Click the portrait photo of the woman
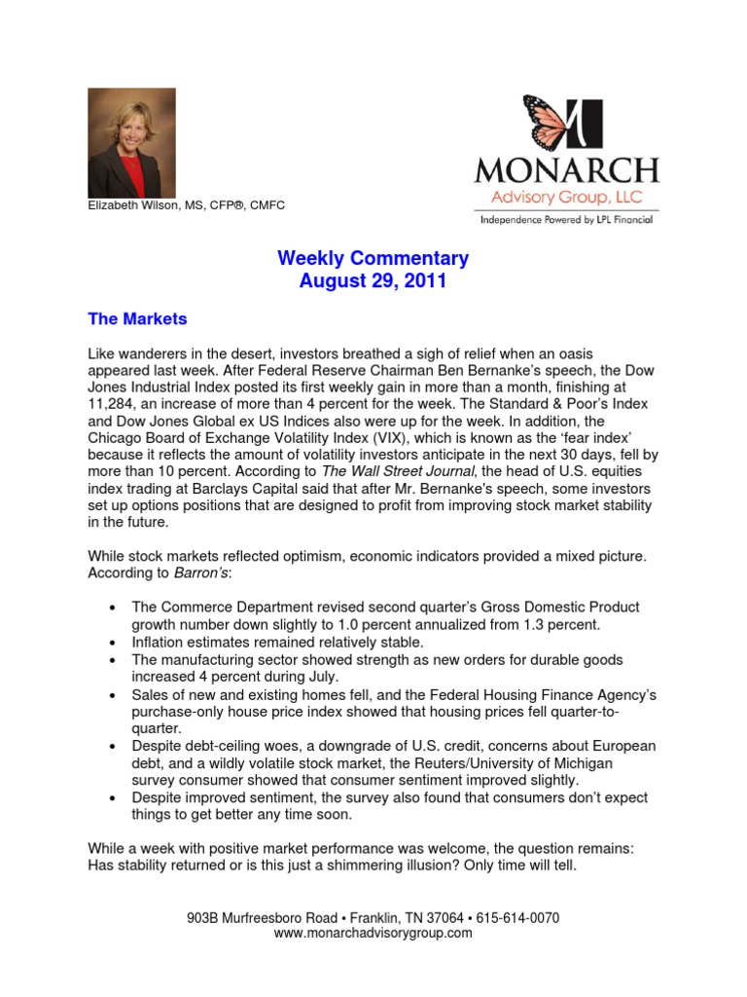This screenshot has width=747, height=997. click(x=131, y=143)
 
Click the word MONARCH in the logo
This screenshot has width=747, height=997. click(x=566, y=171)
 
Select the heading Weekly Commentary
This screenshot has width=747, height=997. click(x=373, y=259)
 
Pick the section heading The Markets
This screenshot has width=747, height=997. click(x=137, y=318)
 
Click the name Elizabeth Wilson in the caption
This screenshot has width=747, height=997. click(x=141, y=206)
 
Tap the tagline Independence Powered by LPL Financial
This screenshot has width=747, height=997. click(x=566, y=220)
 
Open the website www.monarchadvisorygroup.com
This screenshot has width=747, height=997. click(x=373, y=933)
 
